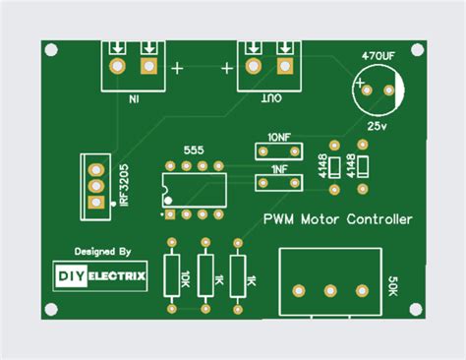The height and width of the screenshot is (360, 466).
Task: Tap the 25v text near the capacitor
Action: point(377,127)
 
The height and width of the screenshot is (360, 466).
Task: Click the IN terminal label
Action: point(133,98)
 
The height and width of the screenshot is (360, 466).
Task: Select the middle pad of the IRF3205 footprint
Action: point(96,185)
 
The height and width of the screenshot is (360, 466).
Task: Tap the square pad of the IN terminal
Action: point(149,67)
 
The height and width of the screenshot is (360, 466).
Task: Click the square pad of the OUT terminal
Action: point(287,67)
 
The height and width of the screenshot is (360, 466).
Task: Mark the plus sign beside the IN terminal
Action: point(178,68)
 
